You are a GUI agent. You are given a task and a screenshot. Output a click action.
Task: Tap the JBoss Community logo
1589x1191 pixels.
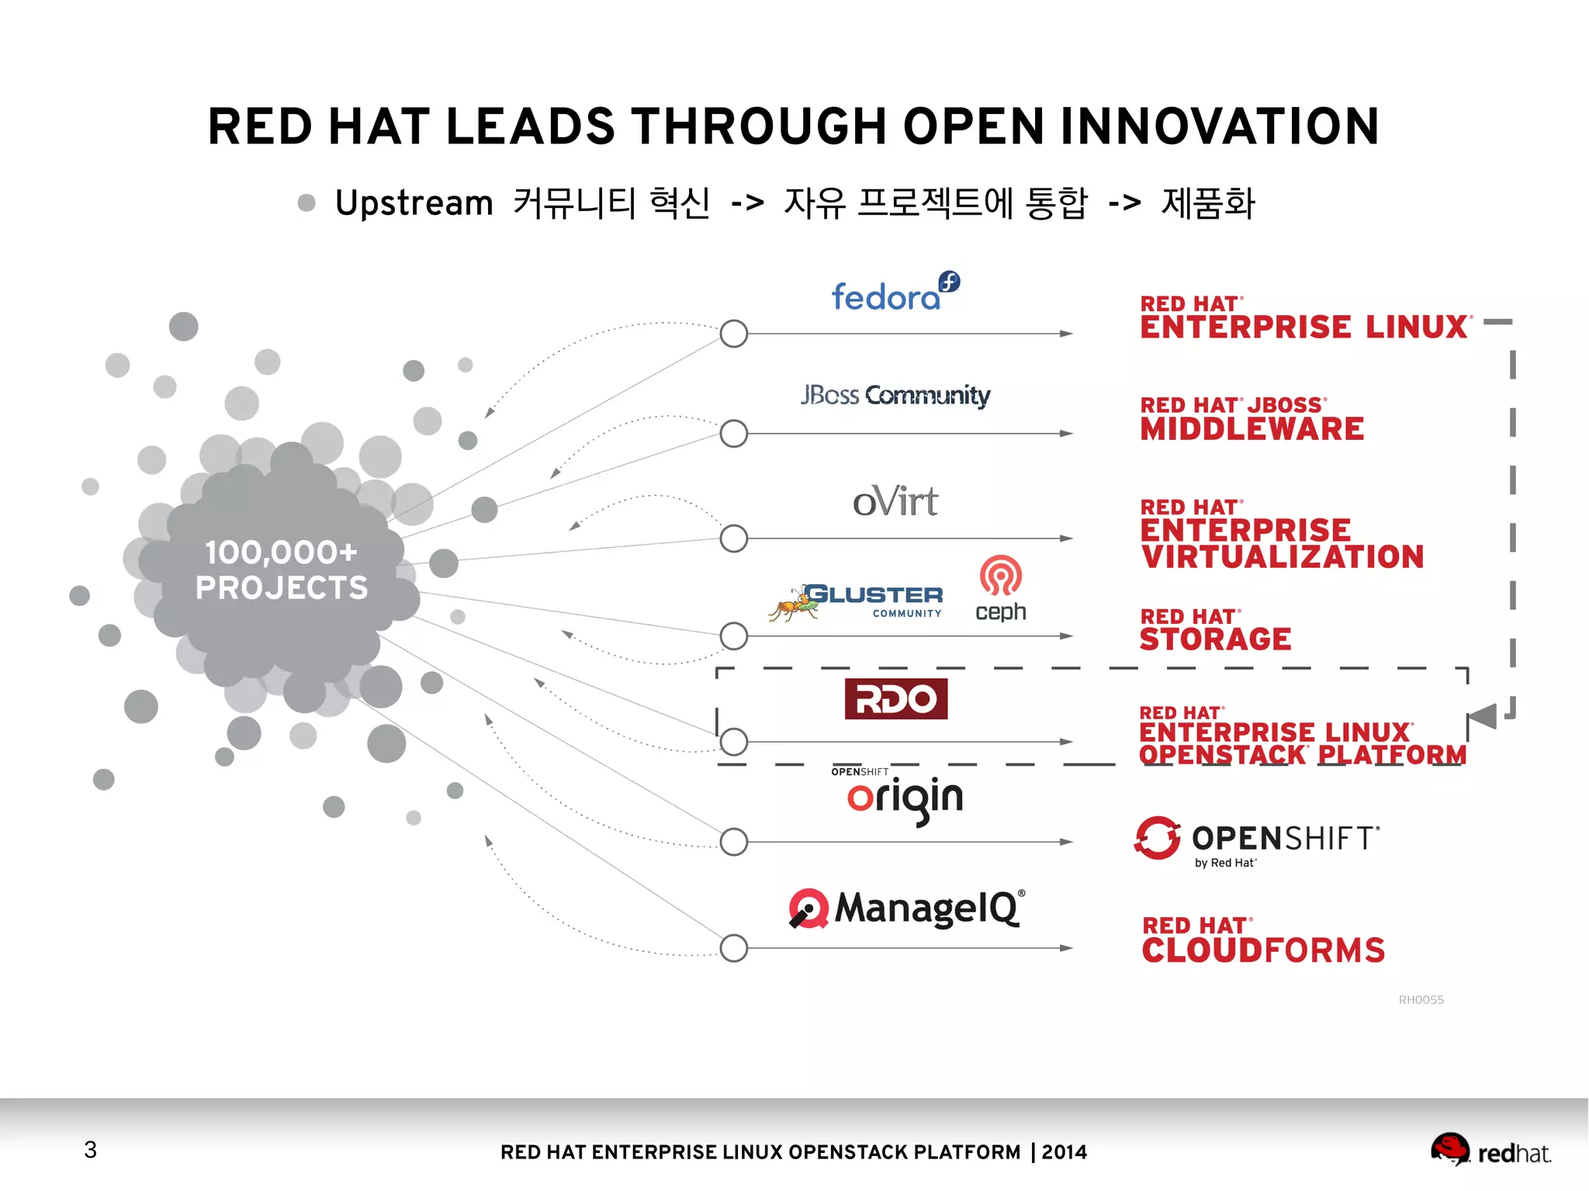click(895, 395)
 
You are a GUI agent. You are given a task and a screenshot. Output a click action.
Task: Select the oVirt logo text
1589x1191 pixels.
click(895, 501)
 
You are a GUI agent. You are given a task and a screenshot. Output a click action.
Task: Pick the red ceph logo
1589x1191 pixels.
click(1000, 588)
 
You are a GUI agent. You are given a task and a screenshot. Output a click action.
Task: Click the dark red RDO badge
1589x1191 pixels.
click(895, 699)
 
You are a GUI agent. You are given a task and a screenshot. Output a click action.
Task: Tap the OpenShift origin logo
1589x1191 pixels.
click(904, 797)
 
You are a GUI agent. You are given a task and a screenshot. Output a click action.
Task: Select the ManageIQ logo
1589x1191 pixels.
click(906, 909)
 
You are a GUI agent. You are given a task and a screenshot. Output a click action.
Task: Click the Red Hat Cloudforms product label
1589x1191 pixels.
click(1262, 941)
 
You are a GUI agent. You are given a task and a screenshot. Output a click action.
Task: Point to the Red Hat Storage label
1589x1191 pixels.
click(1215, 630)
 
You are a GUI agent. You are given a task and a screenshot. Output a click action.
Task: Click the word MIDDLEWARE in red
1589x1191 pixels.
click(1251, 429)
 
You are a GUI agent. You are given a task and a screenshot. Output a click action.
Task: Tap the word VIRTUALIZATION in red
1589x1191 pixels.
click(1282, 557)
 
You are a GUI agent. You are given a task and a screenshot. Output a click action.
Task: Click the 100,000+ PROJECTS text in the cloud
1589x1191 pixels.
click(281, 570)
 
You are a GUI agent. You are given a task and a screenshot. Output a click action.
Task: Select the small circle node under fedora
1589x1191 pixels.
click(733, 334)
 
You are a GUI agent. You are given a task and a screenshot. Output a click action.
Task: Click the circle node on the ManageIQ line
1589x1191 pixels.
click(733, 947)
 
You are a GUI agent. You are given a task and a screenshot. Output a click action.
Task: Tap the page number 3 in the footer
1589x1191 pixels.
click(91, 1149)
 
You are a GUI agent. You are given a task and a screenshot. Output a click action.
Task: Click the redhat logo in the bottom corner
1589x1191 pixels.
click(1490, 1151)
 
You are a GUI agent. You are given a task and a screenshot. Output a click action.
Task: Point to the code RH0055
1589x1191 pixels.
click(1421, 999)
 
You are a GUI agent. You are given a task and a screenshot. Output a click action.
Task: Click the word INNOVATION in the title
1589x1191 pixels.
click(1220, 126)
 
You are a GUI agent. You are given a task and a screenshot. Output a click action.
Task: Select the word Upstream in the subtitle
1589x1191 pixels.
click(414, 203)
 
